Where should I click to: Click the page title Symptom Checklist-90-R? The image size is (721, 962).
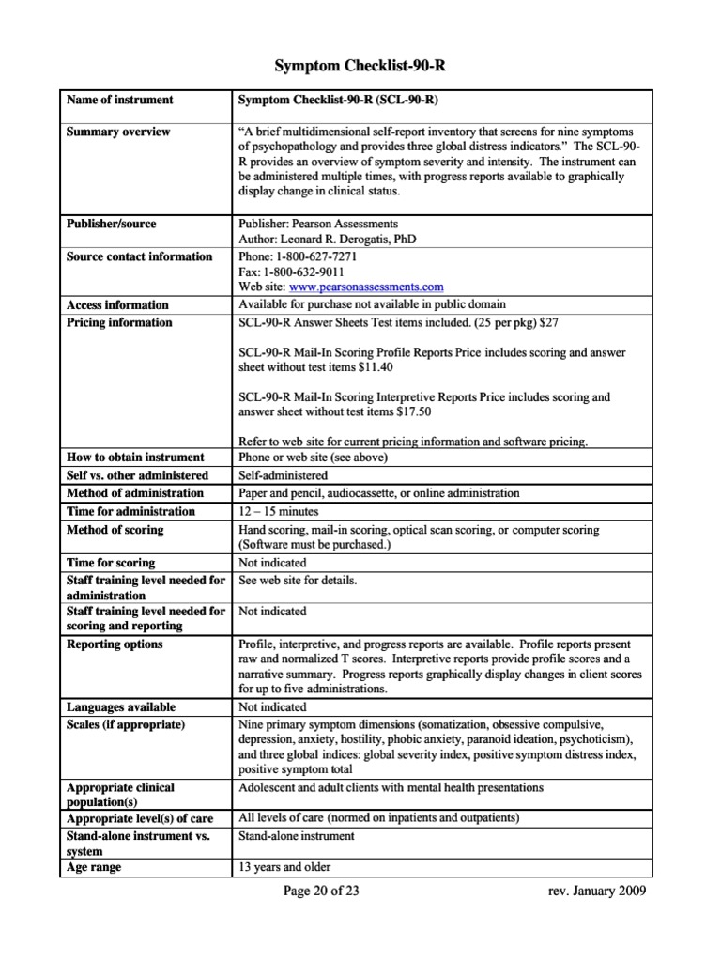pos(360,66)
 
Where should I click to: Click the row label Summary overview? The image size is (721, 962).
pos(118,132)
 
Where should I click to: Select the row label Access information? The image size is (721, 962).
pos(117,304)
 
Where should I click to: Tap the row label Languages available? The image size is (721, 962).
pos(121,706)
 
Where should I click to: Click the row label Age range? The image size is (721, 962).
pos(94,867)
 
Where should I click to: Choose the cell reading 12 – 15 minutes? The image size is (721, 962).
pos(279,511)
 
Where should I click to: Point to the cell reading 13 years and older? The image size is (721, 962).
pos(284,867)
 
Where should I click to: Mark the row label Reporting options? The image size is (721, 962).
pos(115,644)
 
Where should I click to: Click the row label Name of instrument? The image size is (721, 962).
pos(120,100)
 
